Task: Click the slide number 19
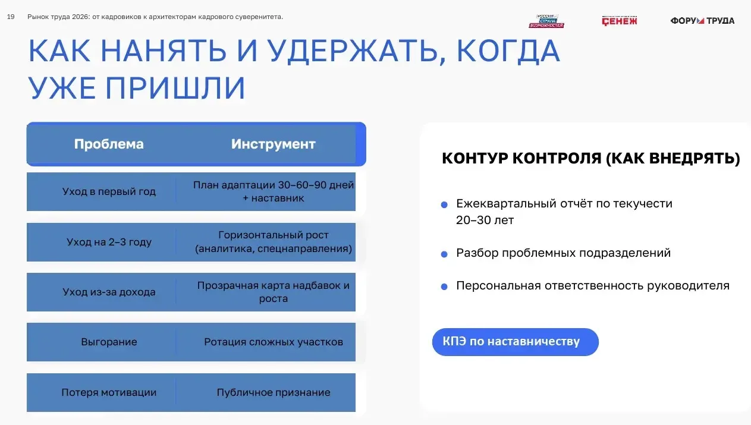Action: pyautogui.click(x=11, y=17)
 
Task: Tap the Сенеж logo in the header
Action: pyautogui.click(x=619, y=21)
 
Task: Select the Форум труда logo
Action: pyautogui.click(x=702, y=21)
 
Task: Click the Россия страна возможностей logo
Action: pyautogui.click(x=546, y=21)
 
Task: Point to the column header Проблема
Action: pyautogui.click(x=109, y=144)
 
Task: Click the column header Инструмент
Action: pyautogui.click(x=274, y=144)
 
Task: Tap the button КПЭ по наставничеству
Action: pyautogui.click(x=516, y=342)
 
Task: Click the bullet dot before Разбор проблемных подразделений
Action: pyautogui.click(x=444, y=254)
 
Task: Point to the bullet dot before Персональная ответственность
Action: pyautogui.click(x=444, y=287)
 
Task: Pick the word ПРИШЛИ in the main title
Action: pyautogui.click(x=175, y=88)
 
